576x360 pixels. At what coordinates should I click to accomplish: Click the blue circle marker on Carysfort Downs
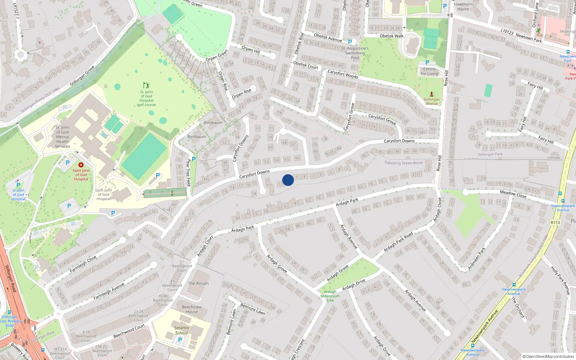[288, 180]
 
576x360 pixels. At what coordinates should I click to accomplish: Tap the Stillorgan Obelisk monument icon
[432, 94]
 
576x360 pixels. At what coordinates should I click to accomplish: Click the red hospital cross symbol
[81, 165]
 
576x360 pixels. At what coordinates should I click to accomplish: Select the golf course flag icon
[146, 85]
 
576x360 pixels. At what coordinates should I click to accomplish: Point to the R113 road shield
[555, 222]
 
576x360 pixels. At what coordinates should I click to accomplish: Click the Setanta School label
[181, 330]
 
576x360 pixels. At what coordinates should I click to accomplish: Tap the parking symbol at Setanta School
[180, 339]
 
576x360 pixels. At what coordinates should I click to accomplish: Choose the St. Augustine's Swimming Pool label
[355, 53]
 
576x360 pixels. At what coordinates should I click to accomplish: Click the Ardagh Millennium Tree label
[330, 296]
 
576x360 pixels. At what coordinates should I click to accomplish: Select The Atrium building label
[198, 283]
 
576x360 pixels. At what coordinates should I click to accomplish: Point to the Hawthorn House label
[463, 7]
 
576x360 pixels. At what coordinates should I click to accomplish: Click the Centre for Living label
[429, 71]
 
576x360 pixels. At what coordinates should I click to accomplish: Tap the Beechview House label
[192, 309]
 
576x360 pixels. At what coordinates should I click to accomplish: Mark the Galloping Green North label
[404, 163]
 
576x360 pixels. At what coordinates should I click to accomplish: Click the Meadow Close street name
[513, 194]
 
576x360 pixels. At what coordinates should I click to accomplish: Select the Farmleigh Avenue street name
[109, 291]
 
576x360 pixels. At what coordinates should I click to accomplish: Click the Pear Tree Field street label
[189, 173]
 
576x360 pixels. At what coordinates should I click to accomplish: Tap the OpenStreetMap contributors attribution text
[548, 356]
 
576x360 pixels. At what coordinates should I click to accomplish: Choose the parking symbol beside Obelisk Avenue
[350, 42]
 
